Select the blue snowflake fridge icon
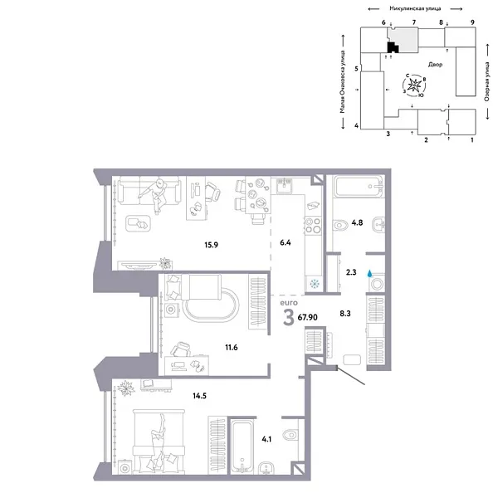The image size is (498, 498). (313, 282)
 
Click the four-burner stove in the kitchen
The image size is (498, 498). (314, 225)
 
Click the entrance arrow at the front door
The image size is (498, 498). (352, 378)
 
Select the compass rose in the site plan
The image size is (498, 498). (417, 85)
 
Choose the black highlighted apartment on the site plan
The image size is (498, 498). (393, 46)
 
